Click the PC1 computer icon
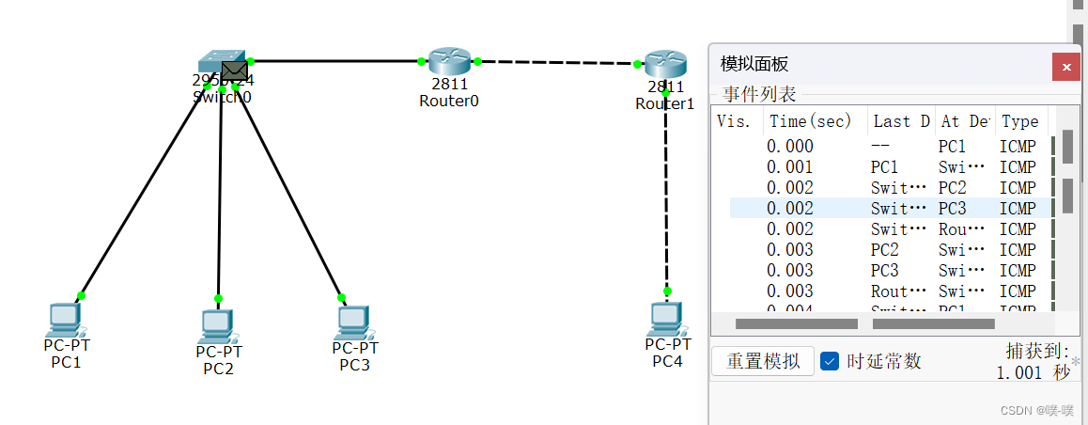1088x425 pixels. point(64,319)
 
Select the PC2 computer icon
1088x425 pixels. point(217,325)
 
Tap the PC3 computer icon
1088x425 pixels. point(353,322)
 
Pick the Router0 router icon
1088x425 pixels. point(448,62)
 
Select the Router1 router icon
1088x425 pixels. point(665,64)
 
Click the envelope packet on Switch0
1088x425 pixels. point(234,71)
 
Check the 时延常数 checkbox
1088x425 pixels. point(829,361)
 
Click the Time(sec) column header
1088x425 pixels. point(810,121)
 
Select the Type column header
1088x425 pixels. point(1019,121)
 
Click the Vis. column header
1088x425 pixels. point(734,121)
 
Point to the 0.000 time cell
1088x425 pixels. point(790,147)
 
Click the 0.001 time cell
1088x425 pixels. point(790,167)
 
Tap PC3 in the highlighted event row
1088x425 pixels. point(952,209)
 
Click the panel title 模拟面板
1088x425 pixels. point(754,64)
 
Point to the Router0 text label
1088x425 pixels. point(449,101)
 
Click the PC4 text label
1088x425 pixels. point(667,362)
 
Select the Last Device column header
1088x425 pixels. point(900,121)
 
